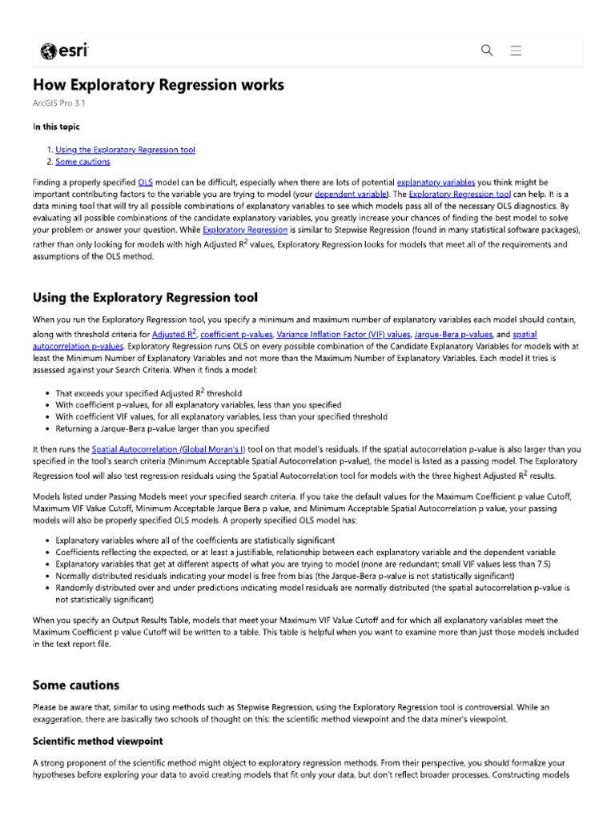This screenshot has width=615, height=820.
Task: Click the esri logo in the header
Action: (65, 51)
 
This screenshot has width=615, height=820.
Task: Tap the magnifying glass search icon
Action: (487, 50)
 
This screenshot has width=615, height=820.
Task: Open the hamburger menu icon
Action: (516, 50)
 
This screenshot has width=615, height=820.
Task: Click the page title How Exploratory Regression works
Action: (158, 85)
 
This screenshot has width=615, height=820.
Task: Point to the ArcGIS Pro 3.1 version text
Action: (58, 103)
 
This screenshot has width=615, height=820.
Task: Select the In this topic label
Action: (55, 127)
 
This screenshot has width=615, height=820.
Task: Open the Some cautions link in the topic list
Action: (82, 162)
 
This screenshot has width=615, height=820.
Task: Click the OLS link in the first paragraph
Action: (145, 183)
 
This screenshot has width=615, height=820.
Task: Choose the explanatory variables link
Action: (435, 183)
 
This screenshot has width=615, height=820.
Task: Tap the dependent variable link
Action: (348, 194)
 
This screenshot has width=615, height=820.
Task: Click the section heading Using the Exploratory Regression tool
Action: (145, 298)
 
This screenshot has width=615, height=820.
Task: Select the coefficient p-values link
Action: (236, 334)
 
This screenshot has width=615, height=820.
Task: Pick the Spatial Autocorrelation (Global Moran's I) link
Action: (168, 450)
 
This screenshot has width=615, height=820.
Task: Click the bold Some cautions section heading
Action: (75, 685)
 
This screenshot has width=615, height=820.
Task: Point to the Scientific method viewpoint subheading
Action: (97, 741)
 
